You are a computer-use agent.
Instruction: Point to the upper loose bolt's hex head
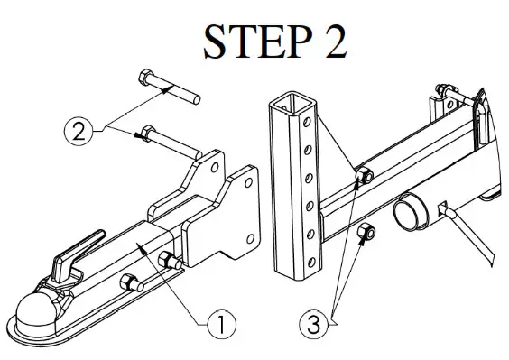click(x=146, y=76)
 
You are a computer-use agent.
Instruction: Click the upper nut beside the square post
click(x=365, y=174)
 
